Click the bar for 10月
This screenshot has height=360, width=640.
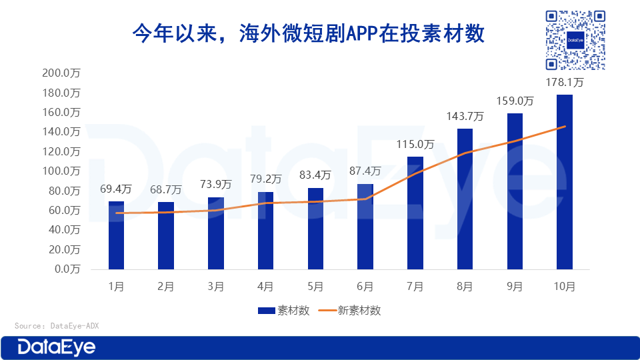tap(565, 181)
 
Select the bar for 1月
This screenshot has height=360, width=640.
tap(117, 235)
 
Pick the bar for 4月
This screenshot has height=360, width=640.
tap(265, 230)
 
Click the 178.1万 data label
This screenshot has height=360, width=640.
tap(565, 83)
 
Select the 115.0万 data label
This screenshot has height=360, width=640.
tap(415, 144)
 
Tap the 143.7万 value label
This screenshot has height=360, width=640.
tap(465, 116)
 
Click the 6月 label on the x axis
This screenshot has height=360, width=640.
tap(365, 287)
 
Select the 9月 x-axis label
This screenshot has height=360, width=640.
tap(515, 287)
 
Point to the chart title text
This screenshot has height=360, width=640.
tap(307, 34)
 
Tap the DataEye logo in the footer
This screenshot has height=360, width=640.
tap(57, 347)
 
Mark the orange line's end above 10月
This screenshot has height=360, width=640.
tap(565, 127)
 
